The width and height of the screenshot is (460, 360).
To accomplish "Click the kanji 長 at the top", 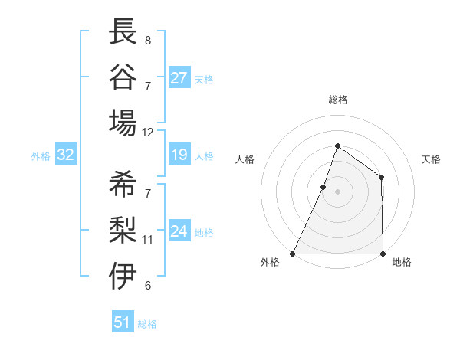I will pos(123,31).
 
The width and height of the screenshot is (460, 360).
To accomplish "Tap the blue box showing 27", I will pos(179,77).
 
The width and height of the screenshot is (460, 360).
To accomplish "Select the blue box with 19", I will pos(179,155).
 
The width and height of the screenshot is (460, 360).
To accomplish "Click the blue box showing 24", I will pos(179,231).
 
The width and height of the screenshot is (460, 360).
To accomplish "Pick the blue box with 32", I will pos(66,155).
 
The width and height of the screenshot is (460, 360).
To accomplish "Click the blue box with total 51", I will pos(123,322).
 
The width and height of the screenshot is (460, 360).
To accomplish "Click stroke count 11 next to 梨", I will pos(148,239).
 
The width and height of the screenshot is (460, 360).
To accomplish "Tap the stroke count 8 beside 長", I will pos(147,40).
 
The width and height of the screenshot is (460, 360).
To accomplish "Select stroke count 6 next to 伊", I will pos(147,285).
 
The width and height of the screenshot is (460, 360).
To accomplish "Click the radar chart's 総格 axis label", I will pos(337,100).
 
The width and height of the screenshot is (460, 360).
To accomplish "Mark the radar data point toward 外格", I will pos(293,253).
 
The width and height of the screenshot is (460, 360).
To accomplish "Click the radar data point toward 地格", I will pos(382,253).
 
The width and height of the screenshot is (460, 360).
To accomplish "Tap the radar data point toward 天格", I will pos(381,178).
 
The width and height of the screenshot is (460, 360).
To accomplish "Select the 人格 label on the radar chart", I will pos(245,159).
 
